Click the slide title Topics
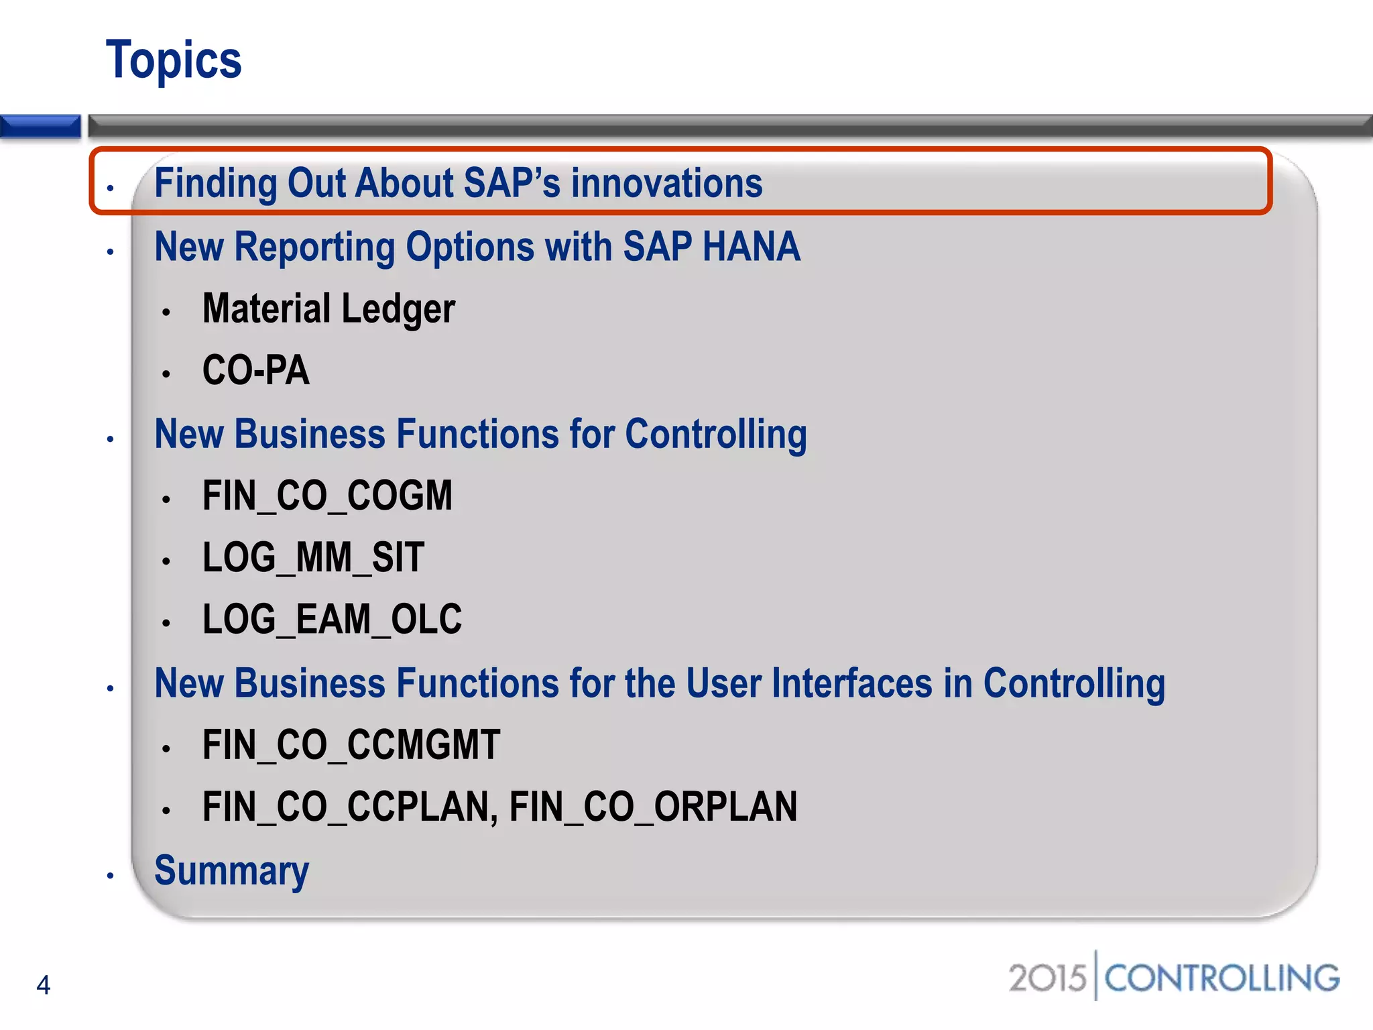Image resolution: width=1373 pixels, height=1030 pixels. (174, 60)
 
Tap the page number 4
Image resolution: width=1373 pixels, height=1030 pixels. (44, 985)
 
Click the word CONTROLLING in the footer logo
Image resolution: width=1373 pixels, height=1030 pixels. (1221, 978)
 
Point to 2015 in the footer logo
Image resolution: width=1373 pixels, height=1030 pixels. (1047, 978)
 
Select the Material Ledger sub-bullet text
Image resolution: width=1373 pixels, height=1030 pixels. (329, 309)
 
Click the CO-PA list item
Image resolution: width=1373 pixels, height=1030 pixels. (256, 371)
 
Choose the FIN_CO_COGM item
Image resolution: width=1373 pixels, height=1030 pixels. (327, 496)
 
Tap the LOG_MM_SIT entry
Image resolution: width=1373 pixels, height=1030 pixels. (313, 558)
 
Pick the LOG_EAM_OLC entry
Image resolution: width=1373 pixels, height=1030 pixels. (332, 619)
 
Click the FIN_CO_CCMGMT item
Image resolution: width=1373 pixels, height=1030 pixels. (351, 745)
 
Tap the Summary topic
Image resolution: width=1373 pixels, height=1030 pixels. (231, 871)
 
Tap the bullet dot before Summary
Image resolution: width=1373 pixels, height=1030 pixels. (111, 876)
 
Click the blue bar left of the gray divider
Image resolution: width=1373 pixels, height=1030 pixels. (40, 126)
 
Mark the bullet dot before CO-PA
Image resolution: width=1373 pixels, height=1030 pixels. (166, 374)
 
